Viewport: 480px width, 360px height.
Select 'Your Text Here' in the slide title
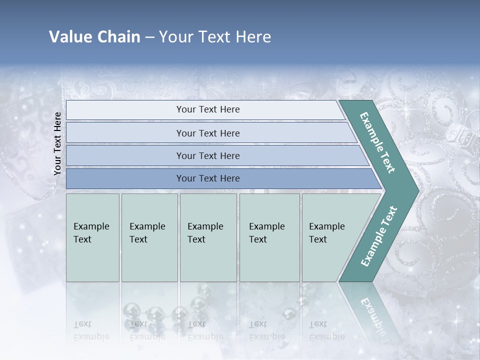(x=215, y=37)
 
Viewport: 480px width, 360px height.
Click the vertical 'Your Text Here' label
(x=57, y=143)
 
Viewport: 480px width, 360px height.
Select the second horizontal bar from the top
(x=207, y=133)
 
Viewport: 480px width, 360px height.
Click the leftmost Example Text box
(x=92, y=237)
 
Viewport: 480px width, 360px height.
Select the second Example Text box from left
(x=149, y=237)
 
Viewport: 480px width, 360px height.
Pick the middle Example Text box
(x=208, y=237)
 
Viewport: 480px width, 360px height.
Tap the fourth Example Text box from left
(x=269, y=237)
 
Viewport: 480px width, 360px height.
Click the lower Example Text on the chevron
(x=378, y=236)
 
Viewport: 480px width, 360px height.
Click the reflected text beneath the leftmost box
(x=91, y=330)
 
